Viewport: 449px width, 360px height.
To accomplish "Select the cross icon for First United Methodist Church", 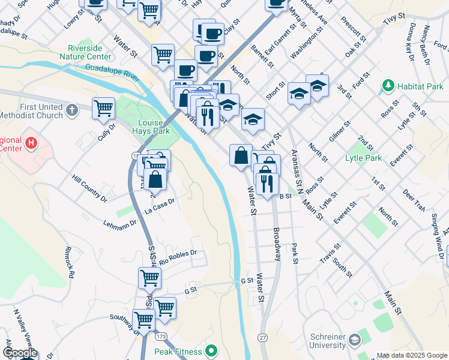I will pos(71,110).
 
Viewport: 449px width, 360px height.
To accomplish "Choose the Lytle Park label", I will pos(363,158).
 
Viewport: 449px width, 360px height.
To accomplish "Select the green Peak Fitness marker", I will pos(211,350).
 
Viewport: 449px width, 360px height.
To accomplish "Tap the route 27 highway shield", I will pos(262,338).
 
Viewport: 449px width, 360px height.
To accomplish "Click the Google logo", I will pos(20,353).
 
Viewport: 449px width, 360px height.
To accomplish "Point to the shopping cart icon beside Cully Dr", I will pos(104,108).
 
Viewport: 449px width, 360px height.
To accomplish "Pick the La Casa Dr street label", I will pos(159,206).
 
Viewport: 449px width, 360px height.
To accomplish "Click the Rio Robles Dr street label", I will pos(178,257).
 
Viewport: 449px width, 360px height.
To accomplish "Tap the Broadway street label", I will pos(277,243).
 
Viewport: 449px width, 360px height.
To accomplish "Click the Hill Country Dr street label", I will pos(89,188).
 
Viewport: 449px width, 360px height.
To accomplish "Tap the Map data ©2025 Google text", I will pos(411,355).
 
